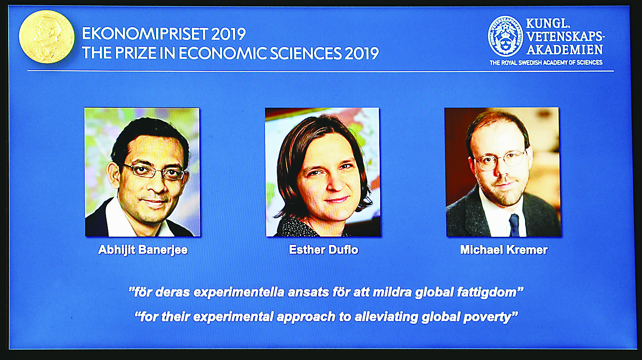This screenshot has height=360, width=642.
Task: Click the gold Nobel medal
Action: pyautogui.click(x=47, y=37)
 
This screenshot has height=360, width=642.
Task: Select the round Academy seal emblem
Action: pyautogui.click(x=506, y=36)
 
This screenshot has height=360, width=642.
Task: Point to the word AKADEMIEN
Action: pyautogui.click(x=565, y=49)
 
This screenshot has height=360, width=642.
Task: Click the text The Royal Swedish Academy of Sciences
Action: pyautogui.click(x=546, y=62)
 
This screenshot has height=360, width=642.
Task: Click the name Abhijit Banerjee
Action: pyautogui.click(x=143, y=250)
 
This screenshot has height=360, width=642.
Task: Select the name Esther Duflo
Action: pyautogui.click(x=323, y=250)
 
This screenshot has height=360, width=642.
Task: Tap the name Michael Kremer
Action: pyautogui.click(x=504, y=250)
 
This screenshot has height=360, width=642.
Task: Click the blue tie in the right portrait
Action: pyautogui.click(x=514, y=226)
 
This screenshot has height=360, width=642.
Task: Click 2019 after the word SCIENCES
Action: pyautogui.click(x=362, y=53)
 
